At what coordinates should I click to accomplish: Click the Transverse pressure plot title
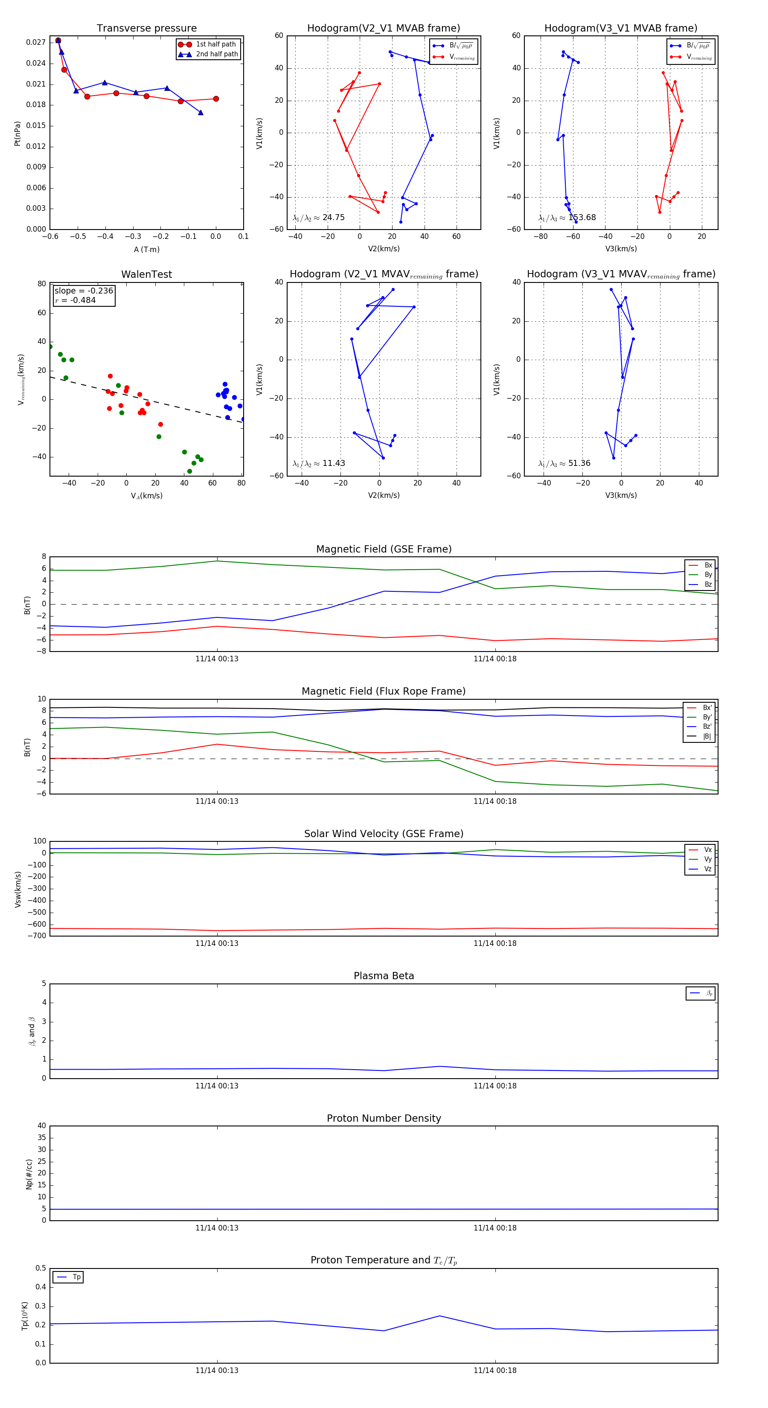(146, 29)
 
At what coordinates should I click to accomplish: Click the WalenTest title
(146, 274)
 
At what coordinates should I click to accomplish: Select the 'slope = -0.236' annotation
(84, 291)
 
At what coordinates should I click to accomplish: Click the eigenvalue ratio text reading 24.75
(319, 218)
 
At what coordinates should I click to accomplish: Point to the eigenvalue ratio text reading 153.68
(567, 218)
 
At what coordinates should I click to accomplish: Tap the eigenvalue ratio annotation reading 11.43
(319, 463)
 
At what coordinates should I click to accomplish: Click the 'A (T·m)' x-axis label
(146, 250)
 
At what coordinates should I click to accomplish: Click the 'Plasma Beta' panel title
(384, 976)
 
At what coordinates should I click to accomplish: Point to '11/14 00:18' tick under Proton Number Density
(495, 1228)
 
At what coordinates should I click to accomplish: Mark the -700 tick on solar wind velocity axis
(39, 935)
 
